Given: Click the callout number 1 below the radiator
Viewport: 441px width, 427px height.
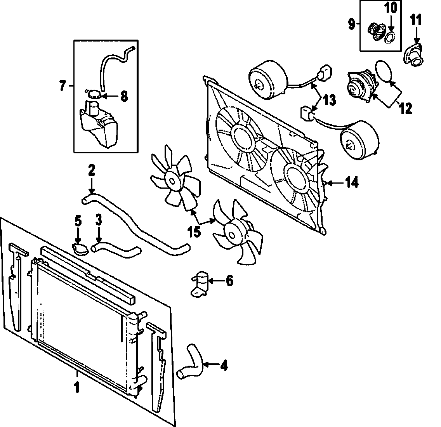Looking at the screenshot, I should pyautogui.click(x=77, y=387).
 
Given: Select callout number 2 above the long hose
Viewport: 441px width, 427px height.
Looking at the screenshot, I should pyautogui.click(x=92, y=170).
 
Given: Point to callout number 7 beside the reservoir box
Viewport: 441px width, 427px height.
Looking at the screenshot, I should pyautogui.click(x=63, y=85).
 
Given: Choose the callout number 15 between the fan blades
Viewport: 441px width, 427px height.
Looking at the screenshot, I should pyautogui.click(x=194, y=231).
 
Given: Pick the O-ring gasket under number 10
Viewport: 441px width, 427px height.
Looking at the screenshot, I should pyautogui.click(x=389, y=36).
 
